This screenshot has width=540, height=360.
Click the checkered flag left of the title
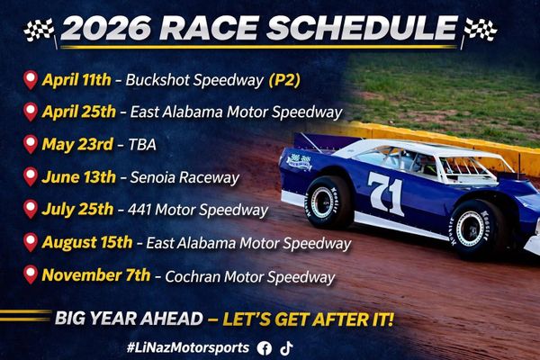click(x=40, y=31)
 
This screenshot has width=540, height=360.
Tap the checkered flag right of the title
click(x=480, y=31)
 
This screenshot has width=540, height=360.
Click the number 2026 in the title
click(x=106, y=28)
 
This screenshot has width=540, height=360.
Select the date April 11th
click(x=76, y=80)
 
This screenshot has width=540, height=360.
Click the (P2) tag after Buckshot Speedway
click(x=284, y=80)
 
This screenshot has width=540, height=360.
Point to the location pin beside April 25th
click(x=31, y=112)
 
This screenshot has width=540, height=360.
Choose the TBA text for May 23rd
click(x=142, y=145)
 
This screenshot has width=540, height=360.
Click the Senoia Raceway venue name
click(x=184, y=178)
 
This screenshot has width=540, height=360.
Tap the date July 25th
click(x=77, y=210)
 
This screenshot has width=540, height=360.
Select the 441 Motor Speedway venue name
click(x=198, y=210)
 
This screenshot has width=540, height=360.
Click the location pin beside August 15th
click(x=31, y=242)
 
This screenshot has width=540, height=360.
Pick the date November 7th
click(x=96, y=275)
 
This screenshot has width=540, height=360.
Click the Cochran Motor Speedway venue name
click(x=250, y=277)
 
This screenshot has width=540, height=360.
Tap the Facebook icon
click(x=264, y=348)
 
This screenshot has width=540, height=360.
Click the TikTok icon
click(x=286, y=348)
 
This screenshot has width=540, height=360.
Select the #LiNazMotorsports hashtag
click(x=188, y=347)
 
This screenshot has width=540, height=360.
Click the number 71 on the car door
click(x=386, y=193)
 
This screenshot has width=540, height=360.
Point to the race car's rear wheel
click(x=328, y=202)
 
